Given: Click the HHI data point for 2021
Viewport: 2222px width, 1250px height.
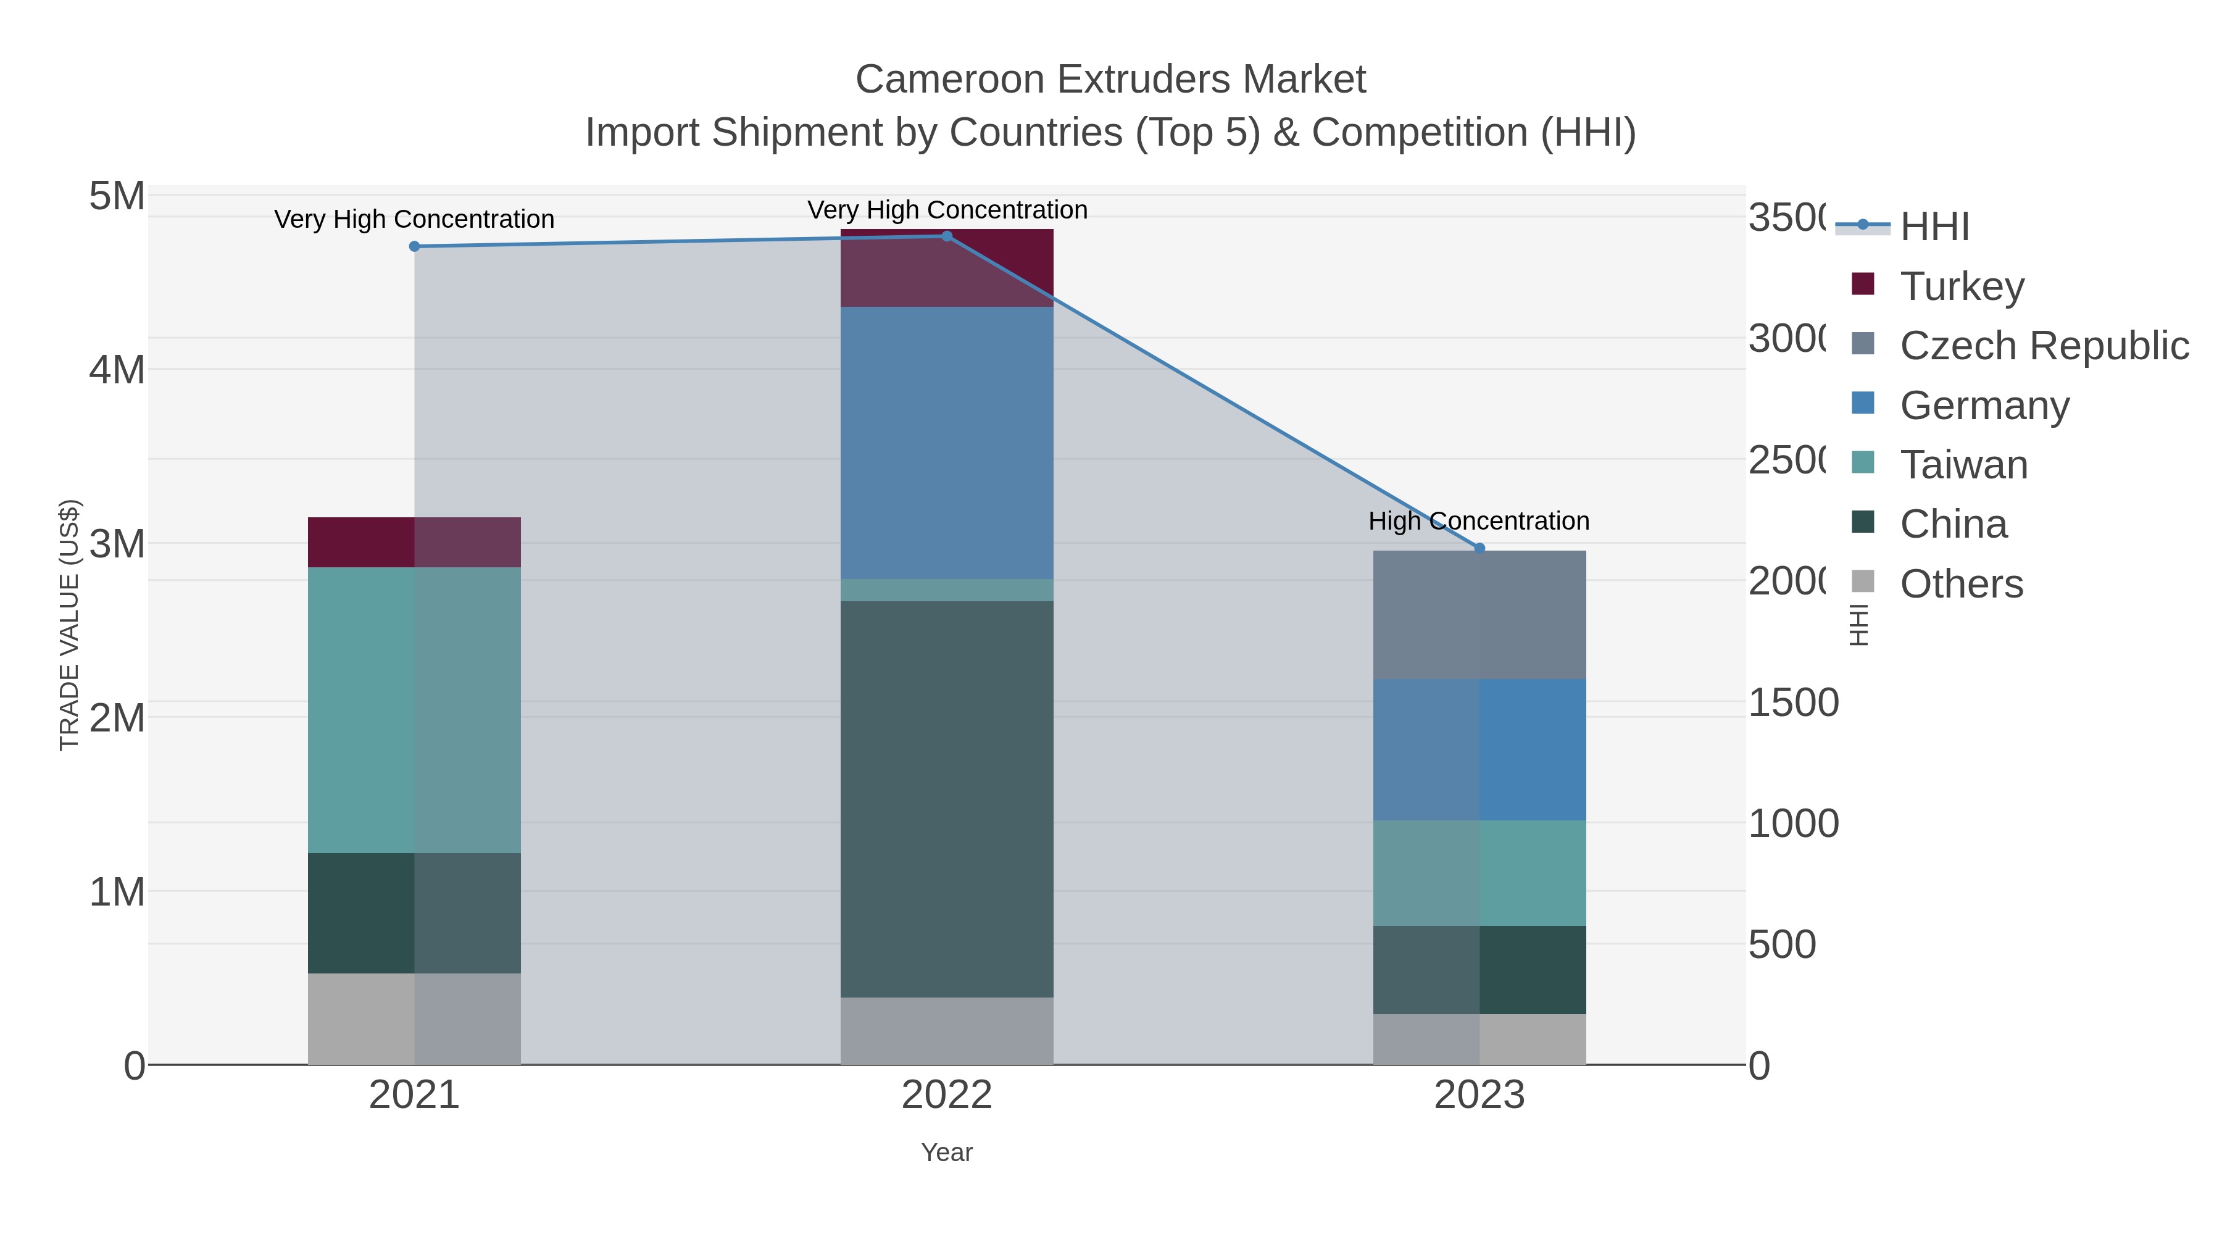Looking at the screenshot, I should (414, 247).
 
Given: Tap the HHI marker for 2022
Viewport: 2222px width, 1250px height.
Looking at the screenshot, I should (946, 236).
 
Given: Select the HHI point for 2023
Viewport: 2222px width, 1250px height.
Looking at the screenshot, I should (1479, 548).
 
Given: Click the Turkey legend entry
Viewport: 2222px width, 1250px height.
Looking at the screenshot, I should (1962, 286).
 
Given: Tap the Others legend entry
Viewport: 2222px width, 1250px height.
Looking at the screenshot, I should (1961, 584).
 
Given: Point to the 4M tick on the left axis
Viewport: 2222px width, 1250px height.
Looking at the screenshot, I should (117, 370).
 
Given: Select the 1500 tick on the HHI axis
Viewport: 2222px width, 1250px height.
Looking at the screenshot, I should (1792, 703).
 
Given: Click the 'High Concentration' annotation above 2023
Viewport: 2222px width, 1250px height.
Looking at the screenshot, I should (1478, 521).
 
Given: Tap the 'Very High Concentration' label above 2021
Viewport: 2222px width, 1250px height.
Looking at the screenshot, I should (414, 219).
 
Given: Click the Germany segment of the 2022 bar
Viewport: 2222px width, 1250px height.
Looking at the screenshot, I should (946, 443).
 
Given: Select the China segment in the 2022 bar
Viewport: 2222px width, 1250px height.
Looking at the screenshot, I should (946, 798).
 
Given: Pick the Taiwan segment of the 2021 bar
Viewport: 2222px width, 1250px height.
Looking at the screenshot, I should (414, 709).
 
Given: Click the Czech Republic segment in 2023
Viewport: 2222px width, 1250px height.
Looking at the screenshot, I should (1479, 614).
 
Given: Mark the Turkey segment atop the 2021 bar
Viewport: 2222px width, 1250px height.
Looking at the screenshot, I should (414, 542).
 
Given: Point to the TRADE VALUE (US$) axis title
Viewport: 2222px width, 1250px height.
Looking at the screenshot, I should (69, 625).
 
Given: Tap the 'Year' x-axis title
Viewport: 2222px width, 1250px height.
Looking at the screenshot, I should (946, 1152).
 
